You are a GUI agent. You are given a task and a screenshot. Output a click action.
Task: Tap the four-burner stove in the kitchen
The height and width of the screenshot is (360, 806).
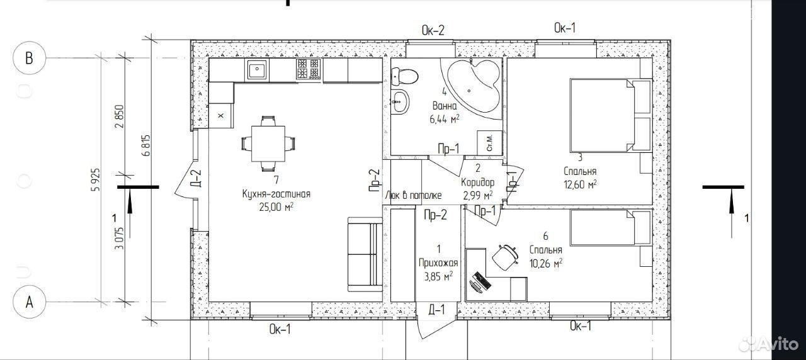(x=309, y=69)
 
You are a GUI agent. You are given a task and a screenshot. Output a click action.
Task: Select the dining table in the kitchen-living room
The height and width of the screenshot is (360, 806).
(x=268, y=143)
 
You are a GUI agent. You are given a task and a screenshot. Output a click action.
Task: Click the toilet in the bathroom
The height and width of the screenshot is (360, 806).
(x=404, y=77)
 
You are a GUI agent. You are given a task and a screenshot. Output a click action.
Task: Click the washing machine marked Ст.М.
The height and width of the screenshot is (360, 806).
(x=489, y=143)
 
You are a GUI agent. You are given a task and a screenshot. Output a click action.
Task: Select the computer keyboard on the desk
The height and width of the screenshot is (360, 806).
(x=482, y=281)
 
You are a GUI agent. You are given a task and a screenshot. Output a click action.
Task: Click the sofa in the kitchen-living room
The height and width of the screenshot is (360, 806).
(x=365, y=254)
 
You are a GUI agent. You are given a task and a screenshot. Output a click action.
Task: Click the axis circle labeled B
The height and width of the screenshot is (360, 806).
(x=29, y=58)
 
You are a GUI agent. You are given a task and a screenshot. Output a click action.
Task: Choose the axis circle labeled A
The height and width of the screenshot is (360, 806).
(x=29, y=301)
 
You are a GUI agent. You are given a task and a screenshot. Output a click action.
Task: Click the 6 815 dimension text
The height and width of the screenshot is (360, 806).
(x=147, y=145)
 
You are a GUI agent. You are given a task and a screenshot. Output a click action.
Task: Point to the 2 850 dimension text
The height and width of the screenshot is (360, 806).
(x=120, y=116)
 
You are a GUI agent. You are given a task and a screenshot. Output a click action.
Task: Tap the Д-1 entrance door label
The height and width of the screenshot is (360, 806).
(x=436, y=310)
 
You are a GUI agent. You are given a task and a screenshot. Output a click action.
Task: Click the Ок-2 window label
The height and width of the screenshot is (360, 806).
(x=433, y=30)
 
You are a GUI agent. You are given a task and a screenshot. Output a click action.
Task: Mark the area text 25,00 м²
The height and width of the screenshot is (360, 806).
(x=276, y=207)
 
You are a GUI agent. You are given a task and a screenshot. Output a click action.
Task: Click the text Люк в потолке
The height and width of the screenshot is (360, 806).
(x=413, y=195)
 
